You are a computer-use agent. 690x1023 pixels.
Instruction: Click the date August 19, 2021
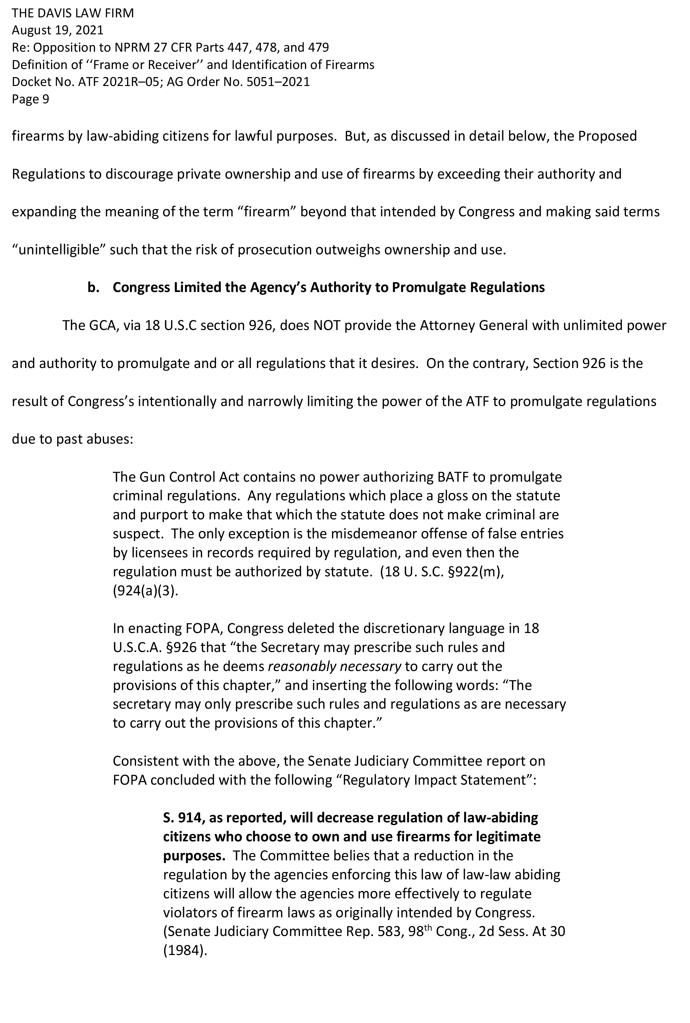[x=58, y=30]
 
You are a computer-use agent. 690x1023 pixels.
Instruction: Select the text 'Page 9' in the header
[x=30, y=99]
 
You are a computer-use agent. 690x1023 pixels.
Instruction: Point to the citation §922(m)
[x=475, y=571]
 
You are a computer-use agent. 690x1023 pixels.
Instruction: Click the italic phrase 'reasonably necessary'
[x=334, y=666]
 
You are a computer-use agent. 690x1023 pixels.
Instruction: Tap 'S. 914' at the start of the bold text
[x=183, y=818]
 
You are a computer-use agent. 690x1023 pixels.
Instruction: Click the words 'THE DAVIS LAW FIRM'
[x=73, y=13]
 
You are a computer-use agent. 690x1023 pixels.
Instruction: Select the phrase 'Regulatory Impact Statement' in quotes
[x=434, y=780]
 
